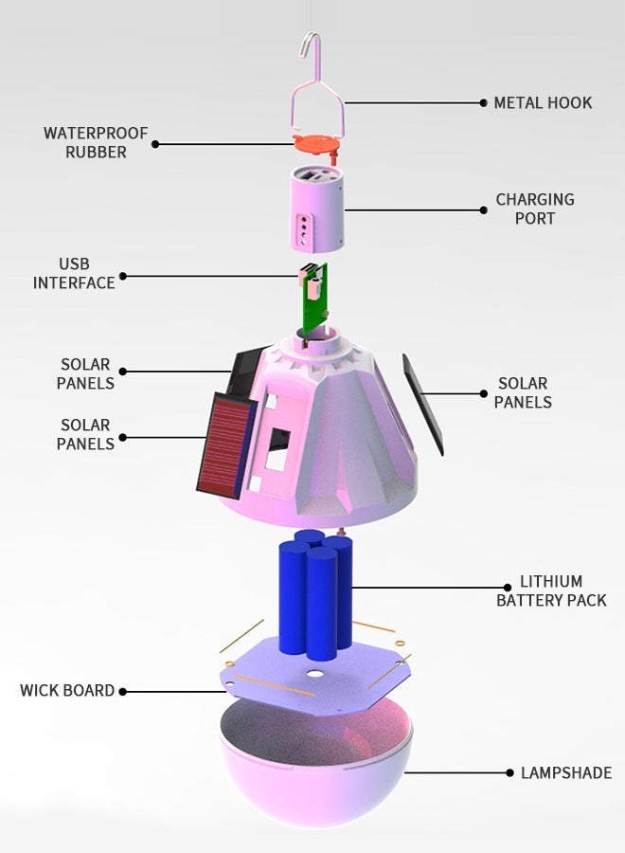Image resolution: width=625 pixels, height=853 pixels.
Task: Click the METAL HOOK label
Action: [543, 102]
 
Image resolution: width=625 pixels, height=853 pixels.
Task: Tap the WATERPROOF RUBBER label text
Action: [96, 142]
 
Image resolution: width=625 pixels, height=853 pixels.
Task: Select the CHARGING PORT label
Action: [535, 209]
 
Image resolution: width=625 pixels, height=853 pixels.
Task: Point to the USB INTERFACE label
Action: [74, 273]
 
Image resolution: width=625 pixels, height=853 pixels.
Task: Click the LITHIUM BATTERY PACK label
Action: [551, 590]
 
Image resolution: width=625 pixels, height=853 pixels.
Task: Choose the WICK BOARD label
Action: [67, 691]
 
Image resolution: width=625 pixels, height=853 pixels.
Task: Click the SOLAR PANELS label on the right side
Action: [523, 392]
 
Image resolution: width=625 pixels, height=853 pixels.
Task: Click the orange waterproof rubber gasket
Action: [317, 145]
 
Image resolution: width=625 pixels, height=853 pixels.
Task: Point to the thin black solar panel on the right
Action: [422, 403]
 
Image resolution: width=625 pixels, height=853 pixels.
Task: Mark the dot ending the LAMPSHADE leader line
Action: [509, 773]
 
